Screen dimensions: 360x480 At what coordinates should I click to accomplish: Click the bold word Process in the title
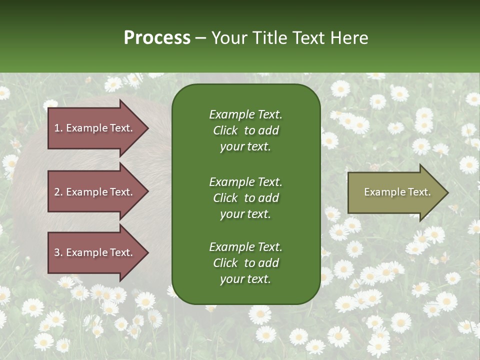pos(157,38)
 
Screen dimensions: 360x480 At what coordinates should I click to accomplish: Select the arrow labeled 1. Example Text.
pos(95,128)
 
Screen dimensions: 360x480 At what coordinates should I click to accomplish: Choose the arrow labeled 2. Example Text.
pos(95,192)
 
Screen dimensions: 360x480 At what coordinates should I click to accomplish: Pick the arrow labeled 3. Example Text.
pos(95,252)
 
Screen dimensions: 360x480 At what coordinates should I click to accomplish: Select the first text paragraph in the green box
pos(245,130)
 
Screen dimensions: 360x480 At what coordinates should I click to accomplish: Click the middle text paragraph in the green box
pos(245,198)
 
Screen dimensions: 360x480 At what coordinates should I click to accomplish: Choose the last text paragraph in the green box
pos(245,263)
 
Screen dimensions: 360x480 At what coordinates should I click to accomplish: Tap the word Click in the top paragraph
pos(225,130)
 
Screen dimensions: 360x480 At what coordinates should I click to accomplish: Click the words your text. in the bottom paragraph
pos(245,279)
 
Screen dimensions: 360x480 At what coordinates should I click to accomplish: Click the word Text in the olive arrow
pos(420,192)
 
